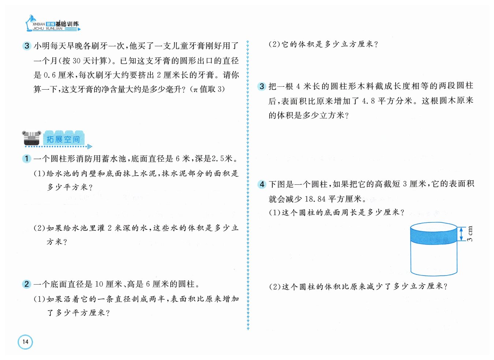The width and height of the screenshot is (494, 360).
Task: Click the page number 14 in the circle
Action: [25, 342]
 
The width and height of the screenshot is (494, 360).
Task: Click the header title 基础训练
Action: [67, 24]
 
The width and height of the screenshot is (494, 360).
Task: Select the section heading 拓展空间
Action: [63, 139]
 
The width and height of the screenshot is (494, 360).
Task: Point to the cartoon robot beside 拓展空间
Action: [31, 138]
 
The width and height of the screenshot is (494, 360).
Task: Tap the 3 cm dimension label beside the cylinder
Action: [470, 233]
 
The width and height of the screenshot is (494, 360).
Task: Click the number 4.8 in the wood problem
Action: [368, 101]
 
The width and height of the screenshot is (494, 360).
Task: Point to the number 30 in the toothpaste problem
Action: [76, 61]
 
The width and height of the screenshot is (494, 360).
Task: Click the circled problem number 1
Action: [27, 158]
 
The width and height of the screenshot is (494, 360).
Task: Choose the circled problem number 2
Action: [27, 284]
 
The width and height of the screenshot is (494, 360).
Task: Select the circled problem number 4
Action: [262, 184]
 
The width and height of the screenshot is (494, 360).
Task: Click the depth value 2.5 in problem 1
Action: [218, 158]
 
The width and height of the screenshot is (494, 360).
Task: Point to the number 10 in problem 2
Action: [99, 284]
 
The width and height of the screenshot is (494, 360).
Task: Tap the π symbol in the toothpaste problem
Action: [195, 90]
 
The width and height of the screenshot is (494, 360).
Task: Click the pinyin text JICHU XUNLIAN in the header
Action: [48, 29]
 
